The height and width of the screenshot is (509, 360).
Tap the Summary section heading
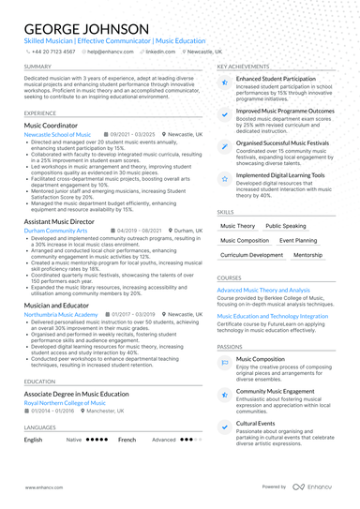click(38, 67)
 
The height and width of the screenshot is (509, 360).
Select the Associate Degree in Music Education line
click(76, 394)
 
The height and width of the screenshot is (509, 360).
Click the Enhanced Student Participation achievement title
click(277, 80)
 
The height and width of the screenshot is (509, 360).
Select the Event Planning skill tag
click(299, 240)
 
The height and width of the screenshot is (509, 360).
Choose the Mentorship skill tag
click(307, 255)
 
